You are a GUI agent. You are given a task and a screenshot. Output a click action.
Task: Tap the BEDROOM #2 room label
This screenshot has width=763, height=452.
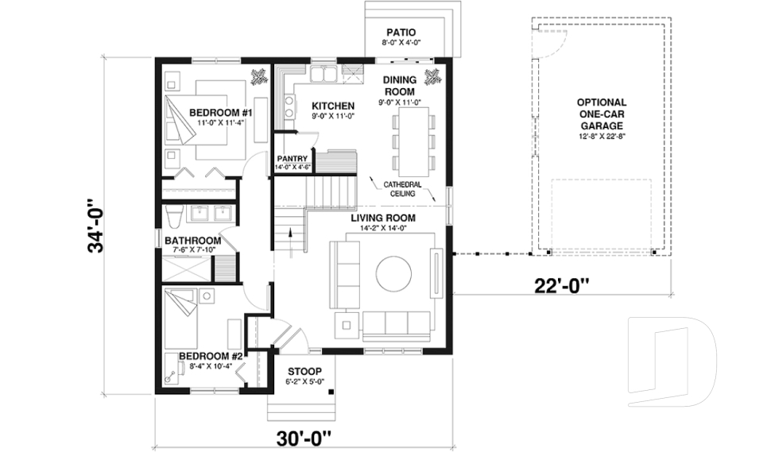[x=210, y=356]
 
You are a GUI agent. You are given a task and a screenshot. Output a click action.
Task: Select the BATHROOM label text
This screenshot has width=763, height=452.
[x=192, y=241]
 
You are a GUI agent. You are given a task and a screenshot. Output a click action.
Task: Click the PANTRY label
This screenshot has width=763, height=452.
[x=292, y=158]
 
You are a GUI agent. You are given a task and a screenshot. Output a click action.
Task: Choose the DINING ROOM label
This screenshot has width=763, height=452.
[x=400, y=86]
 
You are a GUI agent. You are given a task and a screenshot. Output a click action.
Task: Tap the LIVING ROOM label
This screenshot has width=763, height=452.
[x=383, y=218]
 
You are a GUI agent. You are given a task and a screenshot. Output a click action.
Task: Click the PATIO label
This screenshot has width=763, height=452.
[x=401, y=33]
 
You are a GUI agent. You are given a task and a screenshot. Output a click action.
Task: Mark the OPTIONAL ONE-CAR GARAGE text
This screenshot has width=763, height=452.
[x=601, y=114]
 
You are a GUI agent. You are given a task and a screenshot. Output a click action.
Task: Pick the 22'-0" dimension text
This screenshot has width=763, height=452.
[x=561, y=283]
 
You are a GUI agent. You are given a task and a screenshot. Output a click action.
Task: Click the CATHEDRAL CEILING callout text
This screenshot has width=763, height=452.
[x=402, y=189]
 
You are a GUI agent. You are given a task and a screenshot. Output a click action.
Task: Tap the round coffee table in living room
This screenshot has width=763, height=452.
[x=393, y=274]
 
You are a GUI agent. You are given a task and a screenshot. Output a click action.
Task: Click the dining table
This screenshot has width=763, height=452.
[x=412, y=141]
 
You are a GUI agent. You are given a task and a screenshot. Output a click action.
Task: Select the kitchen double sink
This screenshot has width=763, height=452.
[x=322, y=76]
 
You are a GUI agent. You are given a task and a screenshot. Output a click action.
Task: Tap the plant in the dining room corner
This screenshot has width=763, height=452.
[x=433, y=77]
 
